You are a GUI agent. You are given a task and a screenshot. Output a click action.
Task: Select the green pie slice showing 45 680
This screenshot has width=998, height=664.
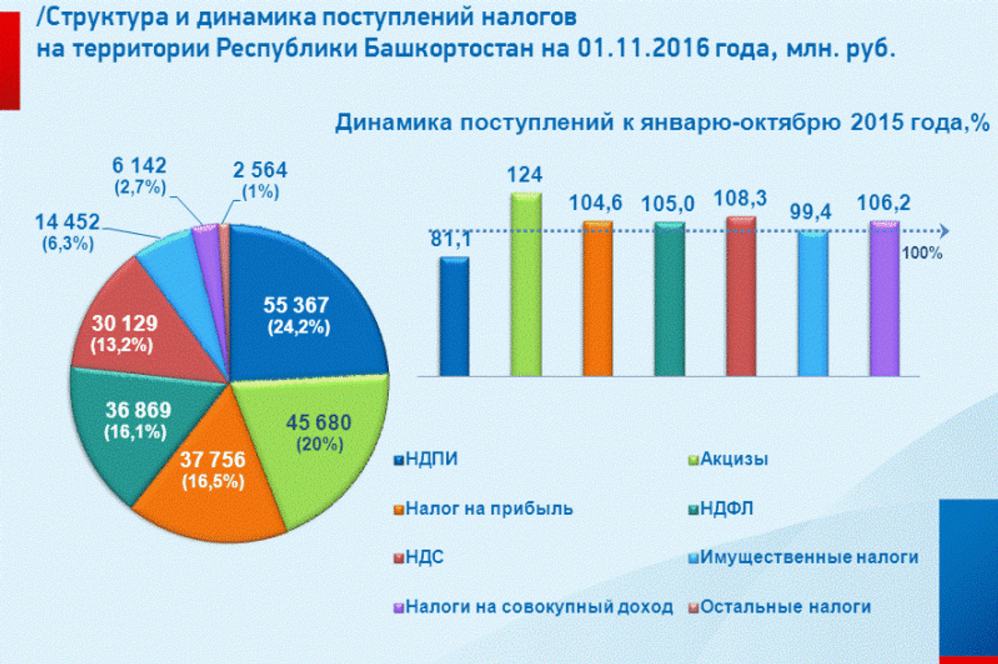324,436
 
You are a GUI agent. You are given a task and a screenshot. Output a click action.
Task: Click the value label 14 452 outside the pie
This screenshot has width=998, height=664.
67,223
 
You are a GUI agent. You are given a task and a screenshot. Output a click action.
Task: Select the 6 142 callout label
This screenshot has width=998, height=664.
139,166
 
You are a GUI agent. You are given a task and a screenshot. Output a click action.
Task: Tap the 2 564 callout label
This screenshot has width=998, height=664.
260,170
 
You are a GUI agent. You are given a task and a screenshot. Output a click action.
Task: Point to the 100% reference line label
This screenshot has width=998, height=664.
922,253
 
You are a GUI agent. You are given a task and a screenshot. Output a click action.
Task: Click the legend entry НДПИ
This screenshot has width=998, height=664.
431,460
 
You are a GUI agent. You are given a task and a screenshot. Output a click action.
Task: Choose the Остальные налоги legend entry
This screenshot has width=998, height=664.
785,607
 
